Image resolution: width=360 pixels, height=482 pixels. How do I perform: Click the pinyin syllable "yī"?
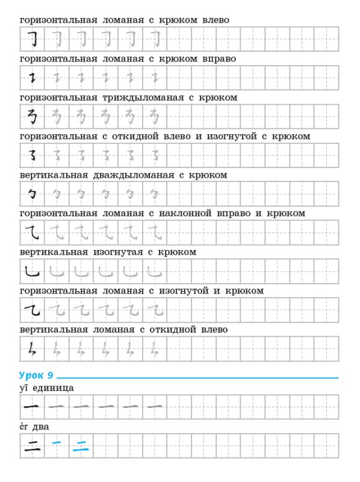click(x=24, y=387)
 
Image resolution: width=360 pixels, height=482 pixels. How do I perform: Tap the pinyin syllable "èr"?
click(x=24, y=427)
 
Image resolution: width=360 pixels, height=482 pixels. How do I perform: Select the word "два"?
click(x=41, y=427)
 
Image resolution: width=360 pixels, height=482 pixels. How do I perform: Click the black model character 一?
click(x=31, y=407)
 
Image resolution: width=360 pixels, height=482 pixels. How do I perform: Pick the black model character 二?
click(x=31, y=446)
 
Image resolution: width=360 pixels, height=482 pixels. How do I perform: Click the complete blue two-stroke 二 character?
click(x=80, y=446)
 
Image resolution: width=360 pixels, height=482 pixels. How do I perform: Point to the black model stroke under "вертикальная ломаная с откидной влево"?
click(x=31, y=349)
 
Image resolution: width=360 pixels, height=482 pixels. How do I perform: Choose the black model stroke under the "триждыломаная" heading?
click(x=31, y=116)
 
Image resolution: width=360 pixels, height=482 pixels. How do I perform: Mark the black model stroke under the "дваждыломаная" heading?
click(x=31, y=194)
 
